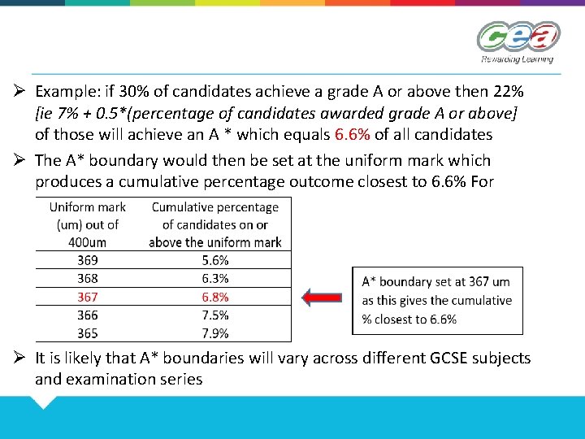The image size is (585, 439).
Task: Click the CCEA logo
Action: (518, 41)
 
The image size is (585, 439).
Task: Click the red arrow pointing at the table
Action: (323, 298)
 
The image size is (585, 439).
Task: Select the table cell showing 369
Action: (88, 260)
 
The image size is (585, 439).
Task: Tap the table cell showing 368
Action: (88, 279)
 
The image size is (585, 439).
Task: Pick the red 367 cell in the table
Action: (88, 297)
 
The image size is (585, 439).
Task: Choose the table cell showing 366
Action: (88, 315)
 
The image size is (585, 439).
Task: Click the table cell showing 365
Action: (88, 333)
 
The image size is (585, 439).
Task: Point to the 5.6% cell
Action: (214, 260)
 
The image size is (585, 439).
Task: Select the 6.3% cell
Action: (214, 279)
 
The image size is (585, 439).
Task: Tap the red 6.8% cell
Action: (214, 297)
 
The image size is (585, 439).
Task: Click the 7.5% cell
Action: (214, 315)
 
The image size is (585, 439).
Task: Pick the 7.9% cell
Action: (214, 333)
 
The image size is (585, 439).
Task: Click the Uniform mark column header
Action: (88, 224)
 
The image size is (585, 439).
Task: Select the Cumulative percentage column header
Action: (214, 224)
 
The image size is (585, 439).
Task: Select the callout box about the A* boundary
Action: (437, 300)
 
